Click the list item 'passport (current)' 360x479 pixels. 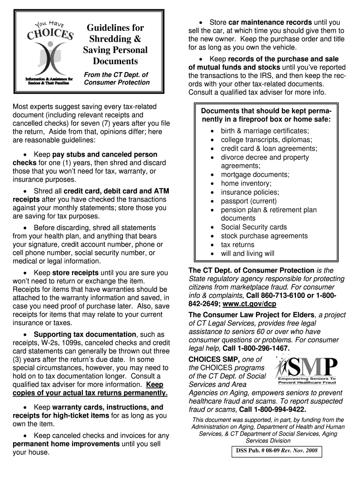tap(248, 201)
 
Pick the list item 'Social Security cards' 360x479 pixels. tap(254, 227)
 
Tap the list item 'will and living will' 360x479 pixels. tap(247, 254)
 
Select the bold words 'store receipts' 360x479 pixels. tap(75, 273)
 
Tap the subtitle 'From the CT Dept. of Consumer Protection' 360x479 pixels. tap(117, 79)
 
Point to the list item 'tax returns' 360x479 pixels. tap(238, 245)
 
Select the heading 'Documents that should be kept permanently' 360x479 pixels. tap(266, 115)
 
